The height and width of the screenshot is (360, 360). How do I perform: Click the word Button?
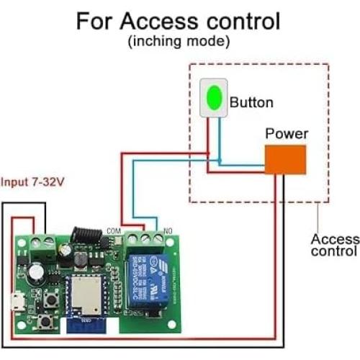pyautogui.click(x=251, y=103)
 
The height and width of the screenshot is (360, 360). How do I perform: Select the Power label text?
pyautogui.click(x=287, y=134)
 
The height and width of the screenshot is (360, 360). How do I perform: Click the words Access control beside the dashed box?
pyautogui.click(x=334, y=245)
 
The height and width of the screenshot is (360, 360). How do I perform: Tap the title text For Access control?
pyautogui.click(x=179, y=21)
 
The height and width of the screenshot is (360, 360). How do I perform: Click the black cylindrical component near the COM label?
pyautogui.click(x=78, y=235)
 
